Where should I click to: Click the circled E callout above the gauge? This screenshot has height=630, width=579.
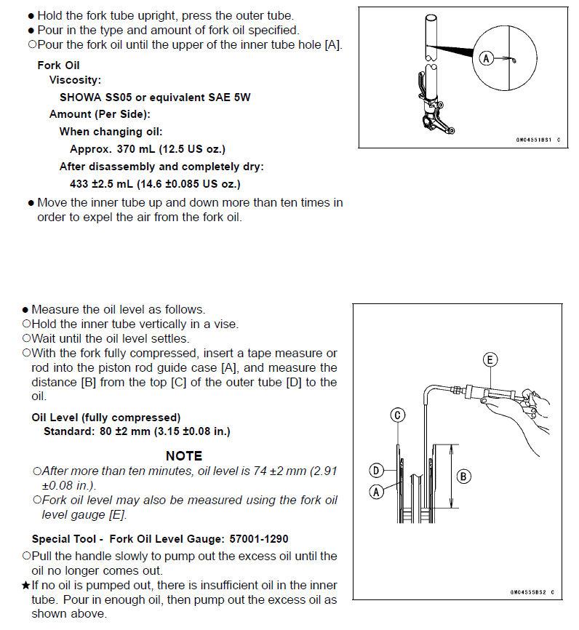490,359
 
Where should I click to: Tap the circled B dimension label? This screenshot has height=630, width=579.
463,477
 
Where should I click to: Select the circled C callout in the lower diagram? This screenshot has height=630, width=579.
397,415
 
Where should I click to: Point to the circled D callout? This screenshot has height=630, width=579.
376,470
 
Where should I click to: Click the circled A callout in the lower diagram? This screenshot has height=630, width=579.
376,492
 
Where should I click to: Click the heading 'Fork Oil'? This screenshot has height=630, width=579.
59,65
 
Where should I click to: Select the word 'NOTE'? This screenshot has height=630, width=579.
184,456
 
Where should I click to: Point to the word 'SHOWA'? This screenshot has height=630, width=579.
81,97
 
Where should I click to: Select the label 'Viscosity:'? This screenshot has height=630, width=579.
75,81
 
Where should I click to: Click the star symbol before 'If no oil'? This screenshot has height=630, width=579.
26,586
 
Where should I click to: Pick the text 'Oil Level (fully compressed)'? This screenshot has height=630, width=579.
106,418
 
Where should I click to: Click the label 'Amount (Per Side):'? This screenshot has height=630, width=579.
95,114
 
